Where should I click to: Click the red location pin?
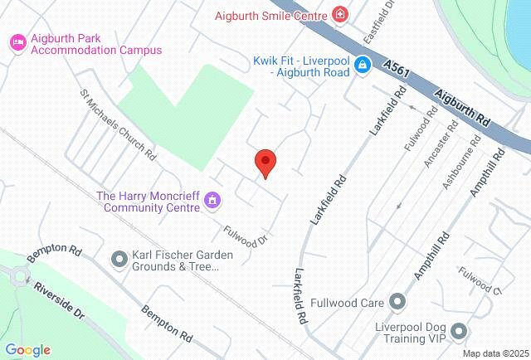click(265, 163)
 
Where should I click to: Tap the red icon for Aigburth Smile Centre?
click(339, 14)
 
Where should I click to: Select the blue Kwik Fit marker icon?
click(363, 65)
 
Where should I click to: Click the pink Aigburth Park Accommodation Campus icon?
click(16, 41)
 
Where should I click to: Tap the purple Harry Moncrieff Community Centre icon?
click(213, 199)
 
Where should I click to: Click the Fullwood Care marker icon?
click(397, 302)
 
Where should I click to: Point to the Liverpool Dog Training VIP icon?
click(458, 332)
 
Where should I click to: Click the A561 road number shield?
click(397, 63)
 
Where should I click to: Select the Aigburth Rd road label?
click(461, 108)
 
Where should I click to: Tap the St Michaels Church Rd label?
click(117, 124)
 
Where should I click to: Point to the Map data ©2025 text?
click(494, 353)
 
